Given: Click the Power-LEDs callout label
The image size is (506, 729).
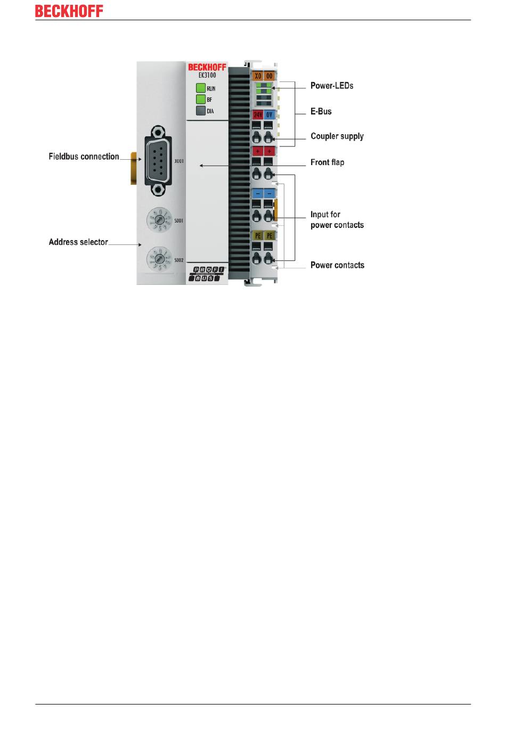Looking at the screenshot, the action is [x=332, y=86].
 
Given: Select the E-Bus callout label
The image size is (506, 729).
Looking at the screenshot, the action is [x=321, y=111].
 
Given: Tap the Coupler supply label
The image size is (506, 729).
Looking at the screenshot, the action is [x=337, y=136].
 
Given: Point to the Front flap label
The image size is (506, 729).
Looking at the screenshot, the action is [x=327, y=162].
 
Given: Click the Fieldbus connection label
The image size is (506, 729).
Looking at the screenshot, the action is [x=84, y=157].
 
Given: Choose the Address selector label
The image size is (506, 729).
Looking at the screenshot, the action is [x=78, y=242].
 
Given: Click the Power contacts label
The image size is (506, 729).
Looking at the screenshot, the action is [x=337, y=265].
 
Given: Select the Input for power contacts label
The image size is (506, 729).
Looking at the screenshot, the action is [x=337, y=219].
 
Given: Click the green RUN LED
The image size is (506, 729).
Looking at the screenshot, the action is [x=200, y=88].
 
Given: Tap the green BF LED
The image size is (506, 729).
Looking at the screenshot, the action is [x=200, y=100].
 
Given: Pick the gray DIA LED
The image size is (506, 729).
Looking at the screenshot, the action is [x=200, y=111].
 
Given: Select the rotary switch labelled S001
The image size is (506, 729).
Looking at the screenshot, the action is [x=158, y=219].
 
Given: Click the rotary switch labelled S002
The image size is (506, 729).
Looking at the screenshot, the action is [x=158, y=259].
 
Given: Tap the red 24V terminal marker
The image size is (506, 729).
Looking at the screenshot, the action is [x=258, y=114].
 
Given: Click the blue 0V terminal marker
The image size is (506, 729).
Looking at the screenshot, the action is [x=270, y=114].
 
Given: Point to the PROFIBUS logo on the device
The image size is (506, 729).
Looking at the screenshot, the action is [x=207, y=274].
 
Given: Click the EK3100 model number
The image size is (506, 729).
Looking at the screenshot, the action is [x=207, y=76].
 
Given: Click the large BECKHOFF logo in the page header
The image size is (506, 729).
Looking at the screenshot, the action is [x=69, y=11].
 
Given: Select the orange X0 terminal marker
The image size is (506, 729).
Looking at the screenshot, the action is [x=258, y=76].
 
